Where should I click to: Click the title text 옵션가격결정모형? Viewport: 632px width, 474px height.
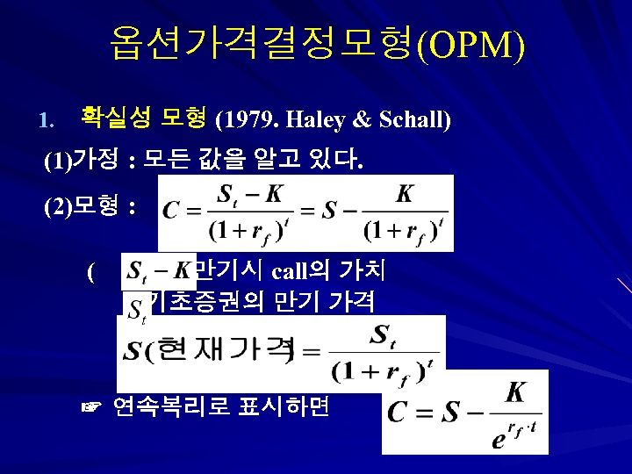click(x=262, y=44)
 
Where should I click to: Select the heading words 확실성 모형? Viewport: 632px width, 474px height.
click(x=143, y=116)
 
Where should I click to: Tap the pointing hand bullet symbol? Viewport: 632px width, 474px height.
click(x=90, y=406)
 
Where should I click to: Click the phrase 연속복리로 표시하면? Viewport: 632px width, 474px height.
click(x=221, y=406)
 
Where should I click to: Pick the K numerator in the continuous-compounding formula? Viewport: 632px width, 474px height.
click(x=515, y=392)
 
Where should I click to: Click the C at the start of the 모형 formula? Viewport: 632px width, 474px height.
click(x=170, y=211)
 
